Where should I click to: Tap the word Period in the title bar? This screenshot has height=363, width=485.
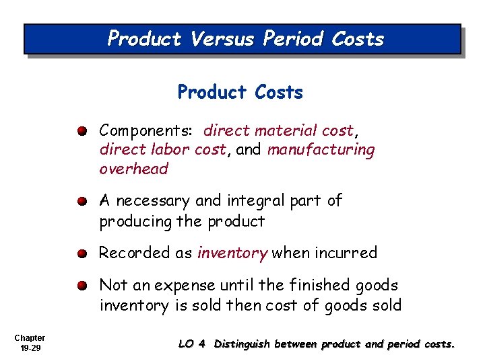[x=294, y=39]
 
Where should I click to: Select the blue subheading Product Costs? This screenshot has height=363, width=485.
[x=240, y=92]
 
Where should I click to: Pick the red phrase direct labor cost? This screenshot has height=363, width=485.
[x=162, y=149]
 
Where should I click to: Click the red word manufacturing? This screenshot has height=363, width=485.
[x=321, y=149]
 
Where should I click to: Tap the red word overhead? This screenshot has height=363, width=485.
[x=133, y=169]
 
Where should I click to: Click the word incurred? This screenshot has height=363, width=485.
[x=344, y=253]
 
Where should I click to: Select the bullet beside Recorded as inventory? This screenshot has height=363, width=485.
[x=82, y=253]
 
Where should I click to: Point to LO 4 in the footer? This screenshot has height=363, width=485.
[x=191, y=344]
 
